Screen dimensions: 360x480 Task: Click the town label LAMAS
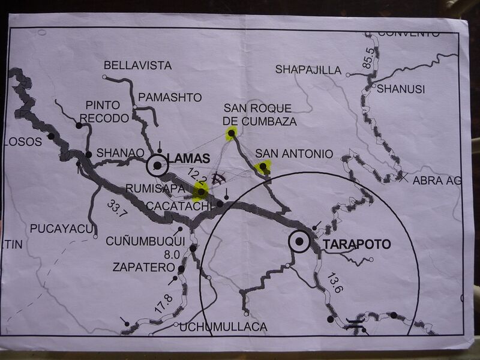[x=189, y=158]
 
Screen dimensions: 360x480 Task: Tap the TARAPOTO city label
[x=356, y=244]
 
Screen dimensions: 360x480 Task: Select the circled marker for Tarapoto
[x=299, y=242]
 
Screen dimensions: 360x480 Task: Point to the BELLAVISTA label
[x=137, y=65]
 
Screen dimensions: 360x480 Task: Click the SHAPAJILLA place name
[x=308, y=70]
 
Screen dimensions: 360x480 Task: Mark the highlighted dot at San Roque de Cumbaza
[x=230, y=133]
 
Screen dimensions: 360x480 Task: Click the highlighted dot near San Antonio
[x=262, y=166]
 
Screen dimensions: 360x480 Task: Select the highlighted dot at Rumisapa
[x=200, y=191]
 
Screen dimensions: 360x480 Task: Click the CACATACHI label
[x=187, y=206]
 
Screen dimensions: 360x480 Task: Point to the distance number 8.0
[x=173, y=254]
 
